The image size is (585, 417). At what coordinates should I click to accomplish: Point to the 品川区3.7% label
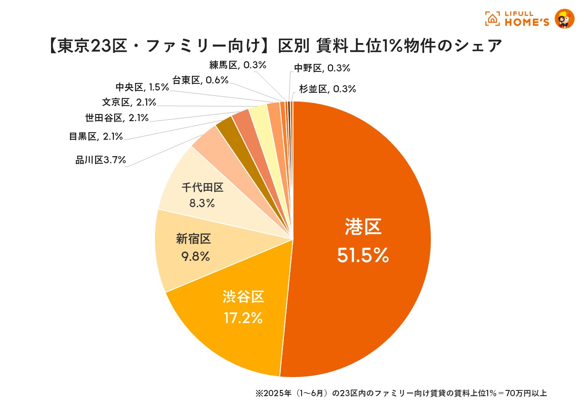tap(101, 160)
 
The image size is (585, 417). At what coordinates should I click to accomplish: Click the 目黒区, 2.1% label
tap(96, 136)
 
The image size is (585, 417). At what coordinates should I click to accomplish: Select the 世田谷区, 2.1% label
tap(117, 118)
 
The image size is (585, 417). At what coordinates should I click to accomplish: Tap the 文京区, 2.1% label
tap(129, 102)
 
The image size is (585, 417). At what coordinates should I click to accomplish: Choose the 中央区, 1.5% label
tap(142, 87)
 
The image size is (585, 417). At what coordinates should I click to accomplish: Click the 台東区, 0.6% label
tap(200, 80)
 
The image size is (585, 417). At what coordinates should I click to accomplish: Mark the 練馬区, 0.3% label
tap(238, 65)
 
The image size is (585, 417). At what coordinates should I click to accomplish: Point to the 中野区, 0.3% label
tap(322, 68)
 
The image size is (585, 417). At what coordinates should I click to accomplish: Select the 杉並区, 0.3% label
tap(327, 89)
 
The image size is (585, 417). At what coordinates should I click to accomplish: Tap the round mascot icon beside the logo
tap(565, 19)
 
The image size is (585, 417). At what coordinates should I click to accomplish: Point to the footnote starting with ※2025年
tap(401, 393)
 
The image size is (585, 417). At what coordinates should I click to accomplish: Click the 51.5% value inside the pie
tap(363, 255)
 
